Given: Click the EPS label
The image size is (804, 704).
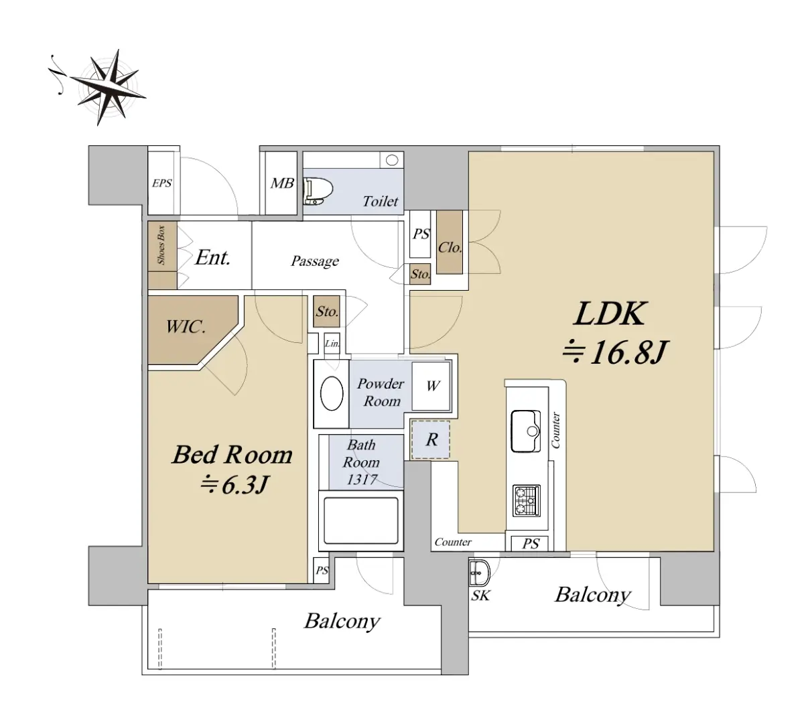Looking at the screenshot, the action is pos(162,183).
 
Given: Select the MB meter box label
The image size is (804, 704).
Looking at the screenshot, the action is pos(282,183).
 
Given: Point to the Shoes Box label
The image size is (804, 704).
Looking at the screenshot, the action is pos(161,244).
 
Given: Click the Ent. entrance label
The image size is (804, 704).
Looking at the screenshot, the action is pos(212,258).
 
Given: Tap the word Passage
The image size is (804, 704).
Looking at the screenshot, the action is pos(315,261).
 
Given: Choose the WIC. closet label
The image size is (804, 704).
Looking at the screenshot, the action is pos(186,326).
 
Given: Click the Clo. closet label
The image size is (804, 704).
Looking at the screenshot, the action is pos(450,247).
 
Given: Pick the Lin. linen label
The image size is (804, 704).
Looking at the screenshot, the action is pos(332,344).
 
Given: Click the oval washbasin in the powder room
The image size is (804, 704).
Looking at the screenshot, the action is pos(332,394).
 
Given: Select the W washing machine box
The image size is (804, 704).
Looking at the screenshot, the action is pos(431,386).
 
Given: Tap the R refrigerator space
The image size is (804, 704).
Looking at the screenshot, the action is pos(431,439).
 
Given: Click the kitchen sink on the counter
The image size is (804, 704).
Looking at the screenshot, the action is pos(526,431).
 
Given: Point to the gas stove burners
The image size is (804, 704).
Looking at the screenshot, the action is pos(527,500).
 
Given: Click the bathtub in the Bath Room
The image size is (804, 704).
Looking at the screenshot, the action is pos(360,520).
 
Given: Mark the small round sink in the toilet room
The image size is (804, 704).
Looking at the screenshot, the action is pos(392,160).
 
